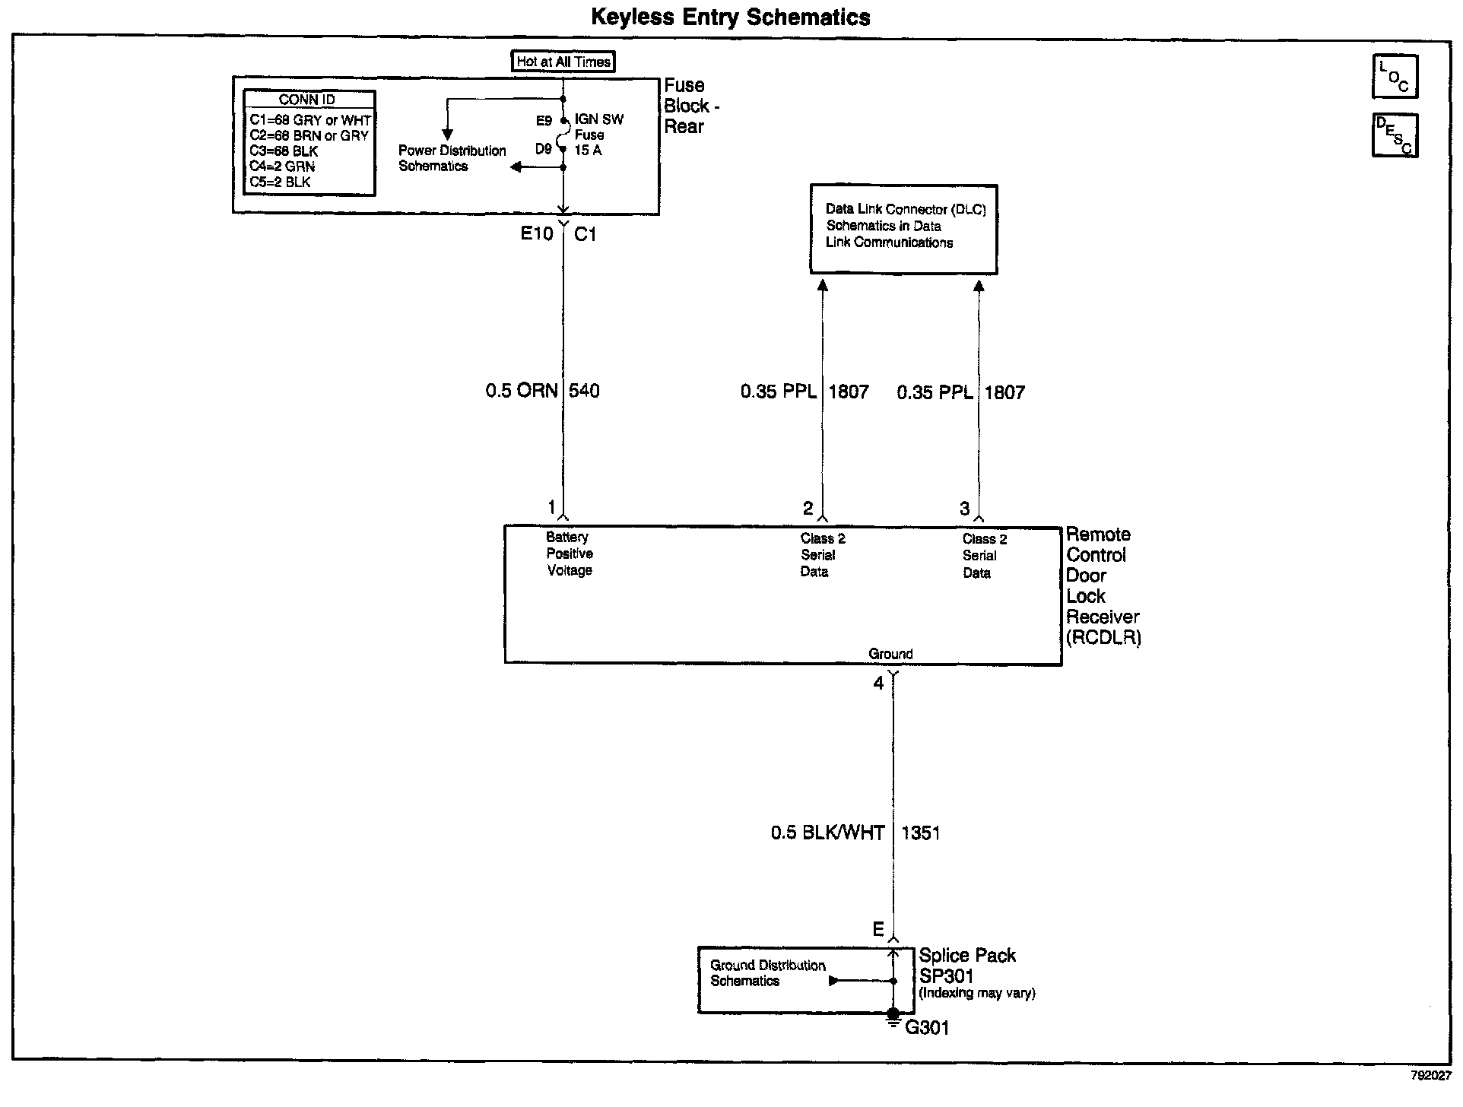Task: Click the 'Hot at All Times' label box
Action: [563, 62]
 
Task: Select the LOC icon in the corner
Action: [1395, 77]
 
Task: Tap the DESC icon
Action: [1395, 135]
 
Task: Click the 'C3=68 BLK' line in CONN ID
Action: [284, 151]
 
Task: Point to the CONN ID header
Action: [307, 100]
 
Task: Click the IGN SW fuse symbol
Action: [563, 135]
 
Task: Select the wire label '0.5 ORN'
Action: [521, 391]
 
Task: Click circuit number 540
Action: [584, 391]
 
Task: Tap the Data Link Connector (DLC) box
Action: [903, 229]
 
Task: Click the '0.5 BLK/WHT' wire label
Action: [827, 833]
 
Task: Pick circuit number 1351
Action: [920, 833]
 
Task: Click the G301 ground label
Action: [927, 1028]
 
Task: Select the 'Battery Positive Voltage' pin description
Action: [569, 553]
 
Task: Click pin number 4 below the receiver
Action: [878, 684]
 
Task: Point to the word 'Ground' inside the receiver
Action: [890, 654]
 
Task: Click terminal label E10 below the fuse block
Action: [537, 233]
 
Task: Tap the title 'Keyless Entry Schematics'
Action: [731, 17]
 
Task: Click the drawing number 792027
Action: [1430, 1077]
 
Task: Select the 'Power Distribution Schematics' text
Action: [452, 158]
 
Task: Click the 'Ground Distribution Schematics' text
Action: [767, 973]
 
